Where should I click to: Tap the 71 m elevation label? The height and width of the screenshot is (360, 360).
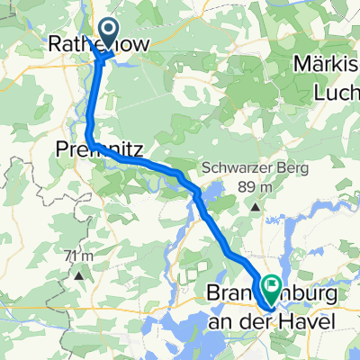click(80, 256)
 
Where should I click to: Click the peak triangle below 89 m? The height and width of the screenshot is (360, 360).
click(256, 206)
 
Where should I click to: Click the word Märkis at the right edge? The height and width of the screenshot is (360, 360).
click(328, 66)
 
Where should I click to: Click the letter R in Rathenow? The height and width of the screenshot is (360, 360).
click(57, 42)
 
